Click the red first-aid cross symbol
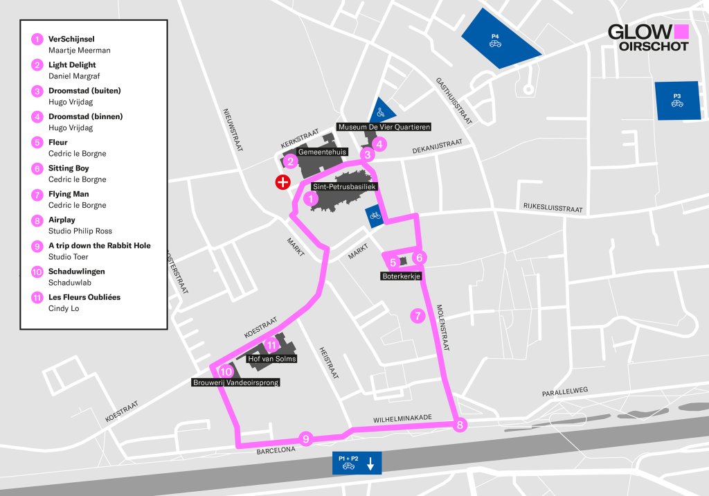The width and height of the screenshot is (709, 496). click(282, 182)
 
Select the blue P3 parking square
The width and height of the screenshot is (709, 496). click(677, 100)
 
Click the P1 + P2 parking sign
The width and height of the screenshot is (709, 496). click(357, 463)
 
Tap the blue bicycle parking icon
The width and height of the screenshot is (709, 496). click(374, 215)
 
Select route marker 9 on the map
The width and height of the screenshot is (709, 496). click(305, 438)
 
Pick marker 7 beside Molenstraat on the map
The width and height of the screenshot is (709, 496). click(418, 316)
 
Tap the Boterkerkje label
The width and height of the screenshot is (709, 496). click(401, 276)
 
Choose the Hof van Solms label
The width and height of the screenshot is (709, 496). click(272, 359)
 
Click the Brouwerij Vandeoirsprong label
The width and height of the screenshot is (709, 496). click(235, 382)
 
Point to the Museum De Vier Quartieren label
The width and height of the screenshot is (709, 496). click(384, 127)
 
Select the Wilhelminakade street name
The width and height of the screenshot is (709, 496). click(402, 418)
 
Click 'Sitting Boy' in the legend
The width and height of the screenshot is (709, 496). click(69, 168)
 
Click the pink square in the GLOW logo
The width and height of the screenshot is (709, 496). click(681, 32)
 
